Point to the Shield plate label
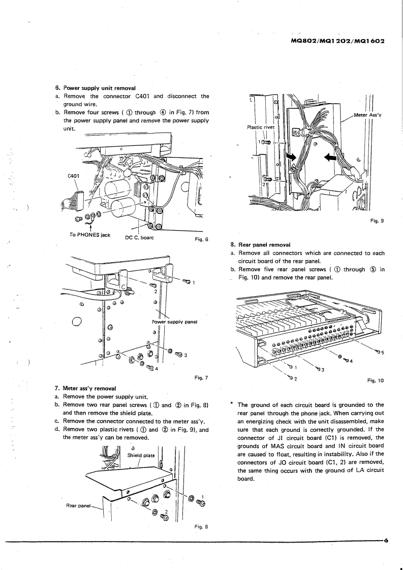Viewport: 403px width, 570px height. pyautogui.click(x=141, y=454)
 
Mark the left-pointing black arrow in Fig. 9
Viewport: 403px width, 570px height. pyautogui.click(x=330, y=158)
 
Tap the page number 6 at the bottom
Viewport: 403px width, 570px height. pyautogui.click(x=386, y=540)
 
